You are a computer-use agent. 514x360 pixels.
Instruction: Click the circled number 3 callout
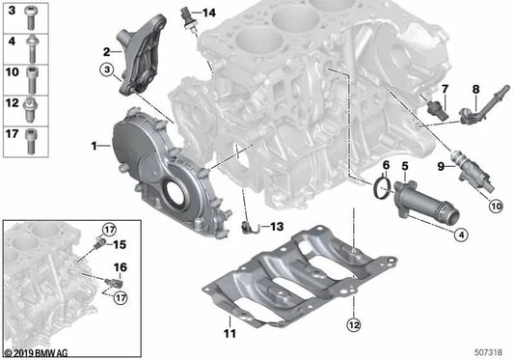[107, 69]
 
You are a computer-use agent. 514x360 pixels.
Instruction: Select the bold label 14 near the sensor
[209, 14]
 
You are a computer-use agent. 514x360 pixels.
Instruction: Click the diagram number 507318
[488, 352]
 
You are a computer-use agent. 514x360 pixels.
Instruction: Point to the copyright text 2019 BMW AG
[37, 353]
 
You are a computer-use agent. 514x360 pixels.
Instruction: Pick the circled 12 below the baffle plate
[353, 325]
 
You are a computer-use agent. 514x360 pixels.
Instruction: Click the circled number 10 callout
[496, 207]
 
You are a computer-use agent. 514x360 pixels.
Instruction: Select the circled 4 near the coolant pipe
[461, 235]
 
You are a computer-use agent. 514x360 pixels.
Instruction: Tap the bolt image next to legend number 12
[30, 110]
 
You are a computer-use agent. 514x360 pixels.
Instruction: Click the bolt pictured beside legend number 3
[30, 17]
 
